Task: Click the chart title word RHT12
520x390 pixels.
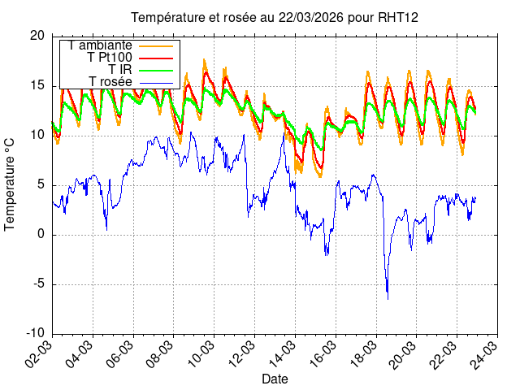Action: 399,17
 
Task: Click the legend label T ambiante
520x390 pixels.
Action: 100,45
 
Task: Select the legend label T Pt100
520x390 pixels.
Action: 109,57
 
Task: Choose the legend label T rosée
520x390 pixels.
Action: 110,81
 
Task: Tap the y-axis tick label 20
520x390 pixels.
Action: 37,36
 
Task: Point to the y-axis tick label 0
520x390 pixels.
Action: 41,235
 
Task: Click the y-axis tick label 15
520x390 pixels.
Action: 37,85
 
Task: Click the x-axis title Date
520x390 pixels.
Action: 274,379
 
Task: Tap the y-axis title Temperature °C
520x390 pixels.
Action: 11,184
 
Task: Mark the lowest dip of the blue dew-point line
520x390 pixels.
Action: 387,298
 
